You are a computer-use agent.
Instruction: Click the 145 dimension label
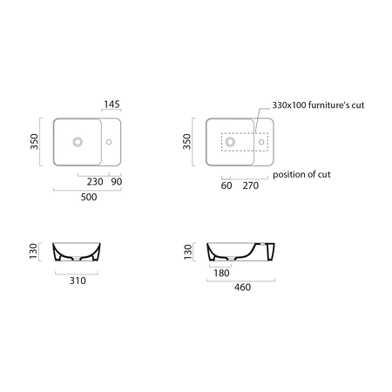click(112, 104)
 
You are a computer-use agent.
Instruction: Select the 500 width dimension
click(89, 197)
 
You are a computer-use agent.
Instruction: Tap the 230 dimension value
click(95, 182)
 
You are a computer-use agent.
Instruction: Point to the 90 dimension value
click(117, 182)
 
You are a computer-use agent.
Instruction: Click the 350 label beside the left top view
click(34, 141)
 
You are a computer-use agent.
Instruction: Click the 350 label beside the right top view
click(187, 141)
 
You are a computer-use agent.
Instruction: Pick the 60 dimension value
click(226, 186)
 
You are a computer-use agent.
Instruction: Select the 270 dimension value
click(251, 186)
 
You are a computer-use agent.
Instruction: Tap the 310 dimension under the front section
click(78, 280)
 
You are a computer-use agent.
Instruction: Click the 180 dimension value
click(221, 273)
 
